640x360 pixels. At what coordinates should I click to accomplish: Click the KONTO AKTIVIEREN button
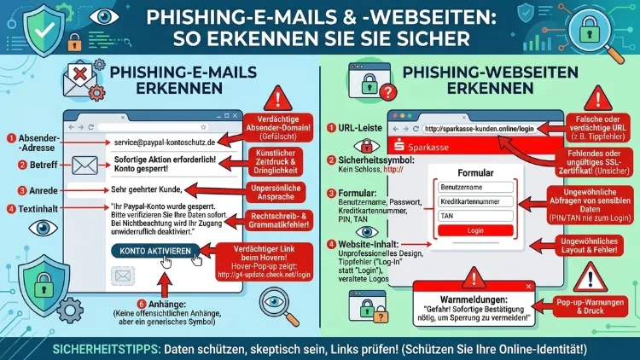tap(155, 250)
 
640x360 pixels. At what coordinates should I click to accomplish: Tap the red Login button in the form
tap(474, 231)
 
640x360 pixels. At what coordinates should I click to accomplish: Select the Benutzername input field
tap(474, 187)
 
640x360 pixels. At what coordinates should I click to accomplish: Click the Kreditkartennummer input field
tap(474, 202)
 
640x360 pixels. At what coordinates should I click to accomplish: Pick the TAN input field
tap(474, 217)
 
